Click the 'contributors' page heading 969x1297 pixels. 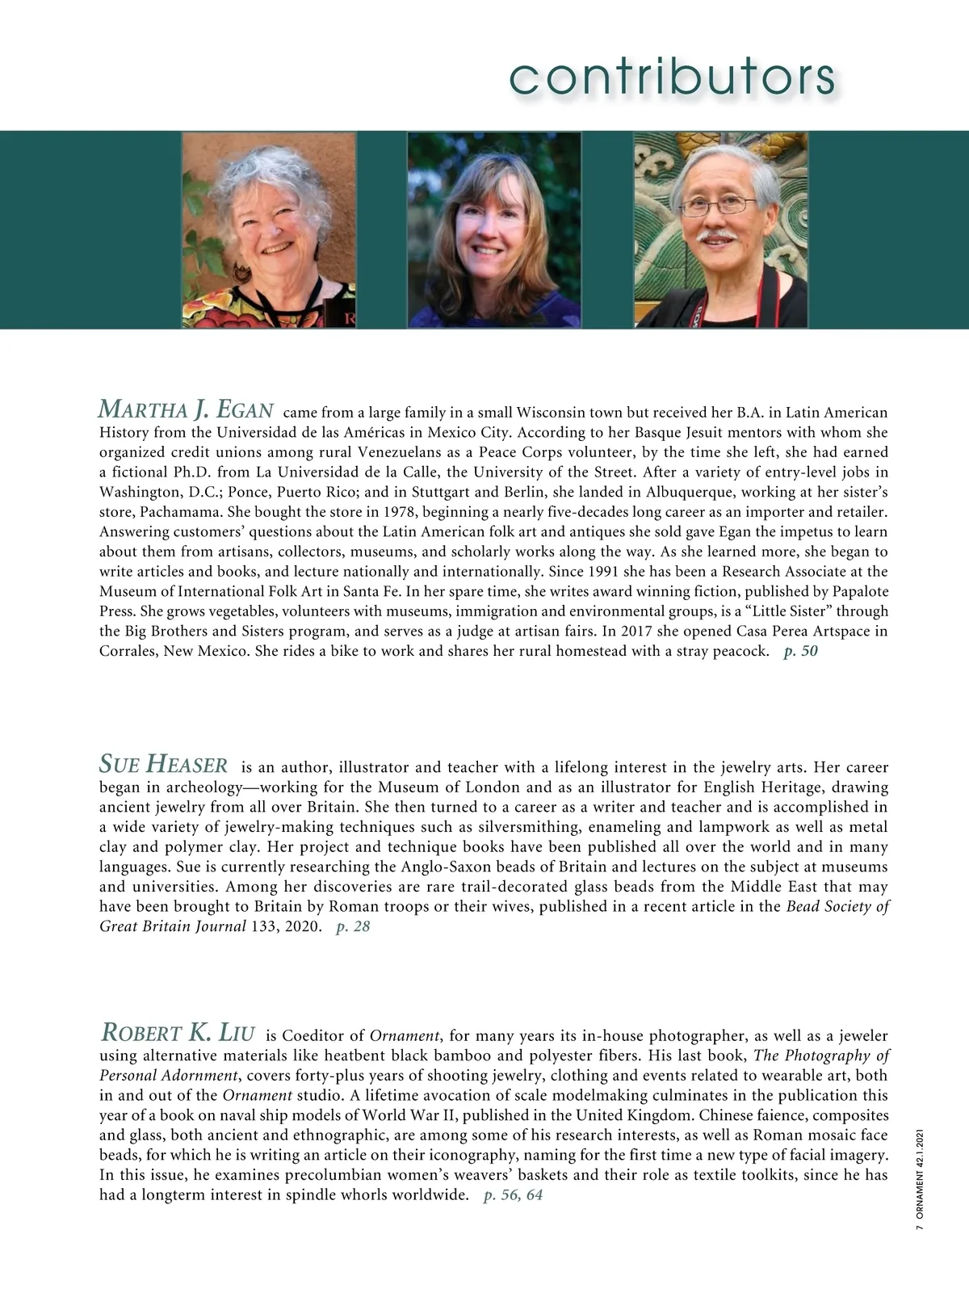672,77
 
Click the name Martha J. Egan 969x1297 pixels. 186,409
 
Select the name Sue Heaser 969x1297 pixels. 163,763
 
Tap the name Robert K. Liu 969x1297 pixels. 178,1032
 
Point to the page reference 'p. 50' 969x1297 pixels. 800,651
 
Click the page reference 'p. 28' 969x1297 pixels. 353,926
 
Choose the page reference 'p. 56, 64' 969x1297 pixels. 513,1194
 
